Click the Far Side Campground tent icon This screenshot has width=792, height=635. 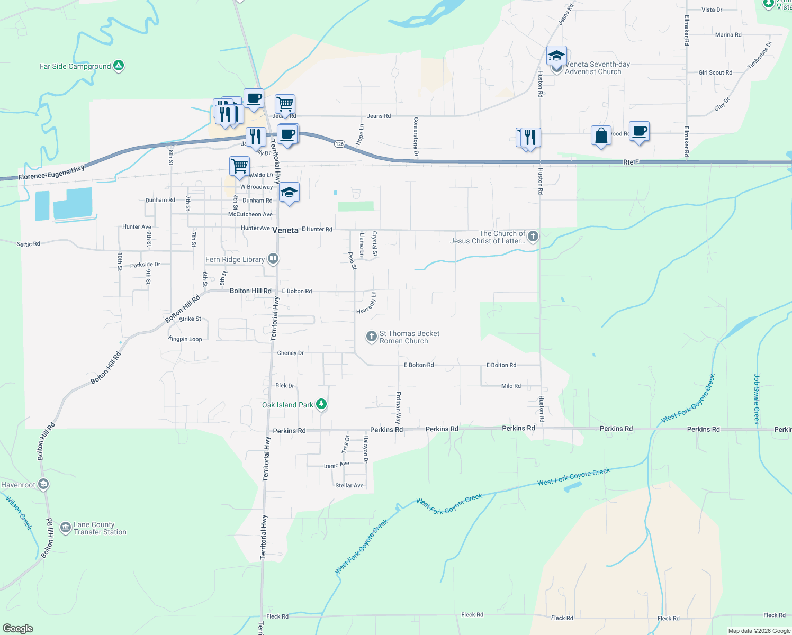click(119, 66)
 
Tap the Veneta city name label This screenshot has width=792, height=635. click(285, 230)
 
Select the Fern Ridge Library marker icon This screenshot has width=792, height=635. click(273, 259)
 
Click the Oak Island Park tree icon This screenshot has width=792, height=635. click(321, 405)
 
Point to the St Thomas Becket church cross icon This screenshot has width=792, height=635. click(372, 337)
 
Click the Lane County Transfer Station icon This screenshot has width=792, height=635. click(65, 528)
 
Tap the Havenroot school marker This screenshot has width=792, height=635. click(43, 484)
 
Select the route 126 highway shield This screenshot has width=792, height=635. click(339, 144)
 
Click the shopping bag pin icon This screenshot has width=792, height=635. click(601, 136)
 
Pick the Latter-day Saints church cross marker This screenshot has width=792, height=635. click(533, 237)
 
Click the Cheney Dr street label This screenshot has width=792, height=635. click(291, 353)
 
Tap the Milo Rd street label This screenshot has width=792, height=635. click(511, 386)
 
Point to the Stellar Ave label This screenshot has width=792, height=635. click(349, 485)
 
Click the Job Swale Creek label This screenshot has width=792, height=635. click(757, 399)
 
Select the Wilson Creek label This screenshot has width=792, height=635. click(19, 512)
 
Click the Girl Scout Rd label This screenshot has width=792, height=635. click(715, 72)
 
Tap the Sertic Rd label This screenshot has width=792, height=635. click(28, 244)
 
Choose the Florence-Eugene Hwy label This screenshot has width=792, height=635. click(51, 173)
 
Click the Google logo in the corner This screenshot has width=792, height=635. click(17, 629)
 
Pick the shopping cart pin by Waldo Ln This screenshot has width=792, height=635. click(239, 166)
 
